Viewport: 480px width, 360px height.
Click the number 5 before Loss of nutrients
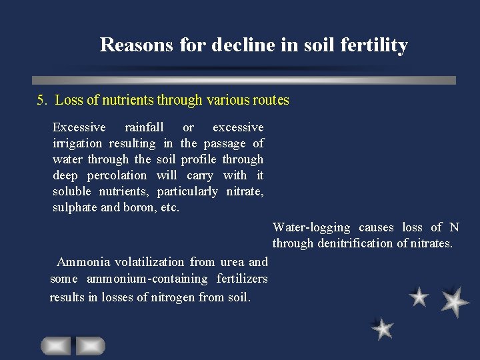coord(41,101)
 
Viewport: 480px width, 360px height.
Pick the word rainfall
coord(144,127)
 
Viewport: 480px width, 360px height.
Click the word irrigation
coord(77,143)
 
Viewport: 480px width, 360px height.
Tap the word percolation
coord(117,175)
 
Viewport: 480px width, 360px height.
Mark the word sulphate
coord(76,207)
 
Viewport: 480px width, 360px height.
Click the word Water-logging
coord(311,227)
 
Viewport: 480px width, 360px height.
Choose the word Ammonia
coord(83,262)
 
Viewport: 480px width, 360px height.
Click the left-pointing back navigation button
coord(55,345)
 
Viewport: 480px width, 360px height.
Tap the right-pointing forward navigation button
coord(90,345)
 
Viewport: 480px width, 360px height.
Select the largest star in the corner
coord(455,301)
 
